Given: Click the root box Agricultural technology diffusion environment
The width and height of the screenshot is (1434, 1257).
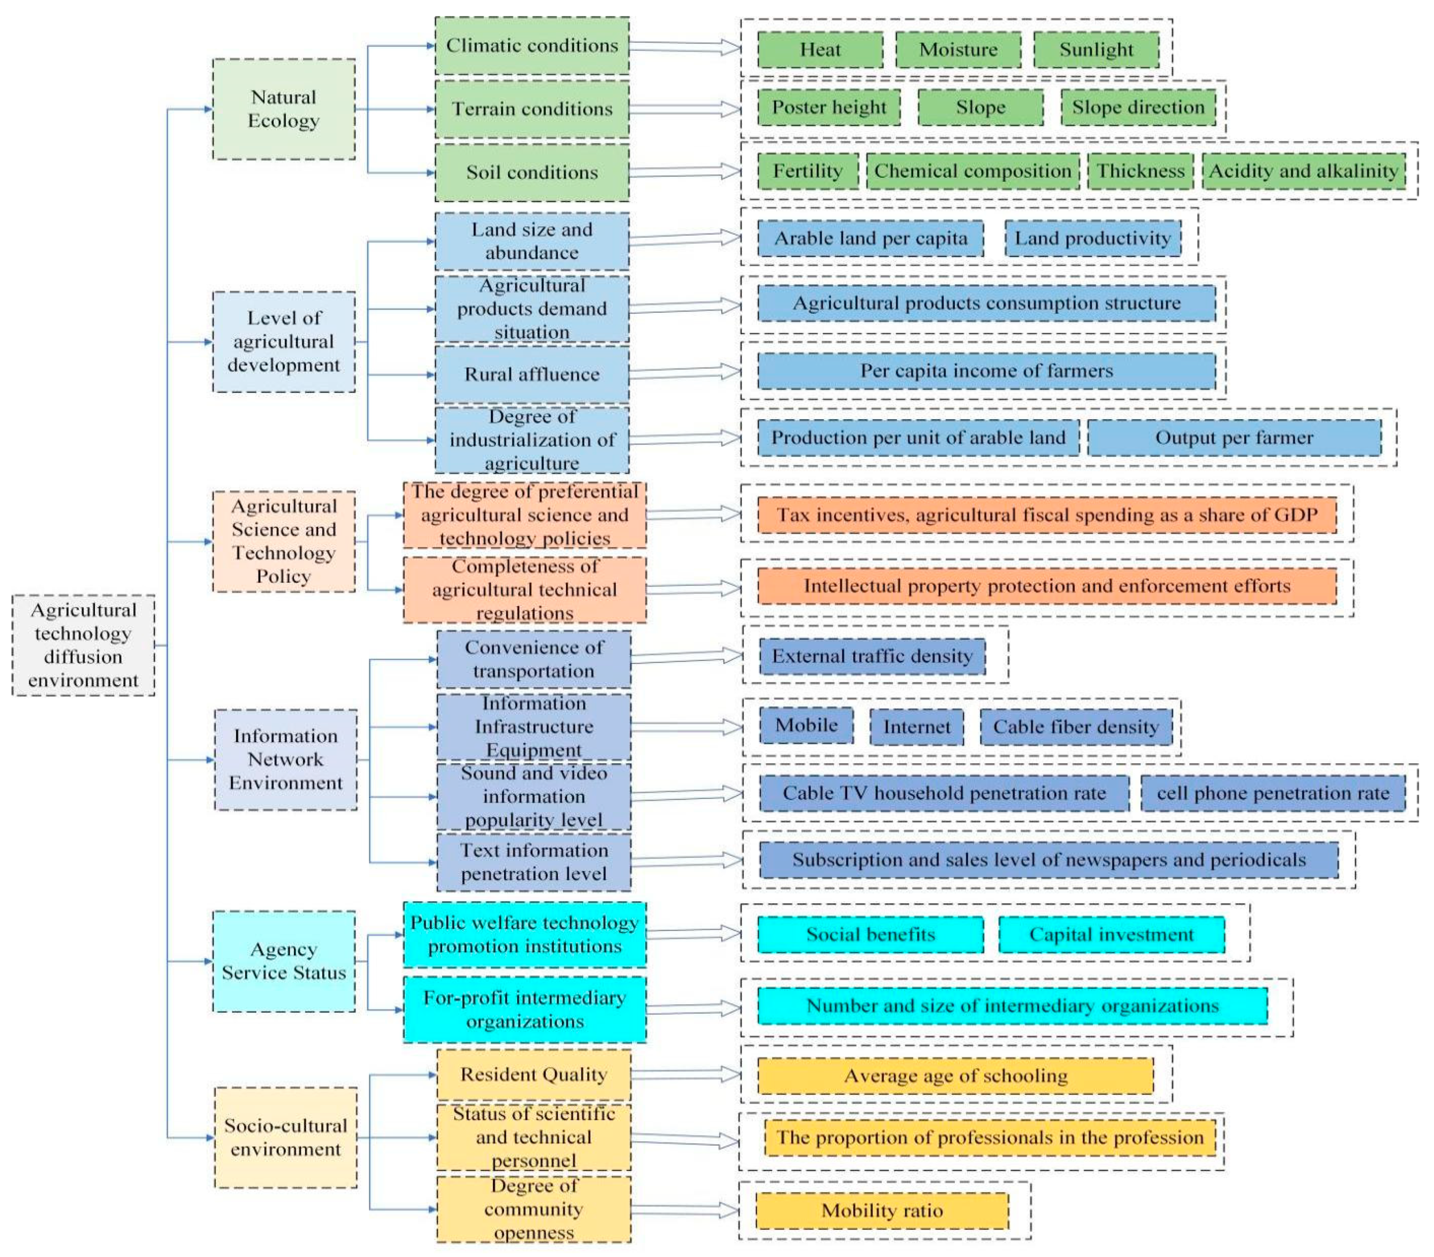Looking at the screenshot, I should click(83, 645).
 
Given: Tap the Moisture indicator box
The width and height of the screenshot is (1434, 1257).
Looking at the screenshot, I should click(958, 50).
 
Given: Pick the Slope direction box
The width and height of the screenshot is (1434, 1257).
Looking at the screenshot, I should click(1138, 107).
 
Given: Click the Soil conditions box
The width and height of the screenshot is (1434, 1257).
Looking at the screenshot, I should click(532, 172).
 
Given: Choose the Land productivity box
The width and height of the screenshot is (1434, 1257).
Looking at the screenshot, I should click(1092, 238).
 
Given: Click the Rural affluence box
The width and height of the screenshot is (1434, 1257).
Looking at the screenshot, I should click(532, 375).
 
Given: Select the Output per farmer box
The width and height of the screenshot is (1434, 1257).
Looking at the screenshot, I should click(1234, 437).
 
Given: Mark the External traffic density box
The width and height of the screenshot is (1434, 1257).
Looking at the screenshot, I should click(872, 657).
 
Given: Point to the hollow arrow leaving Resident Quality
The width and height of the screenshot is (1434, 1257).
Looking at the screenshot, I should click(686, 1074).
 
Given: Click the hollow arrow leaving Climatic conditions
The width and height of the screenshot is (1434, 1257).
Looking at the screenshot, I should click(686, 46).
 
